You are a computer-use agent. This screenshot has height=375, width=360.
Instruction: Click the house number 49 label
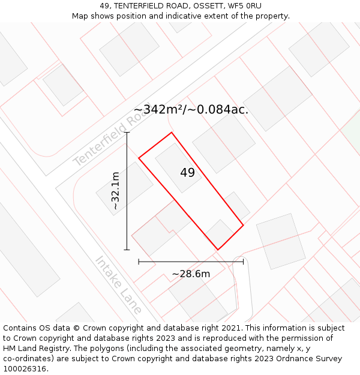[x=187, y=173]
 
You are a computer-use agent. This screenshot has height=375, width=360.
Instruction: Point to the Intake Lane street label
[x=119, y=286]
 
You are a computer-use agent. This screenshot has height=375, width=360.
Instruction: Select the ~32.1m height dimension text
[x=115, y=191]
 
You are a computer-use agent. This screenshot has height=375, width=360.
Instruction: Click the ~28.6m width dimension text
[x=191, y=274]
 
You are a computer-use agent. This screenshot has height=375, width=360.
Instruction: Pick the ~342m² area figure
[x=158, y=110]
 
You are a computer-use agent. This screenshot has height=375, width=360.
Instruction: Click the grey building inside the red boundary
[x=178, y=167]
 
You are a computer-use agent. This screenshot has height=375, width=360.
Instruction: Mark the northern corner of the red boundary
[x=172, y=133]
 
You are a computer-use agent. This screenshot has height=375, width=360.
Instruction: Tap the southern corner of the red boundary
[x=217, y=250]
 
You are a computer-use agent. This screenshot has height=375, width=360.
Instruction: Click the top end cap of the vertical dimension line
[x=127, y=133]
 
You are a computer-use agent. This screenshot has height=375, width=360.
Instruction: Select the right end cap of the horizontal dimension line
[x=243, y=262]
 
